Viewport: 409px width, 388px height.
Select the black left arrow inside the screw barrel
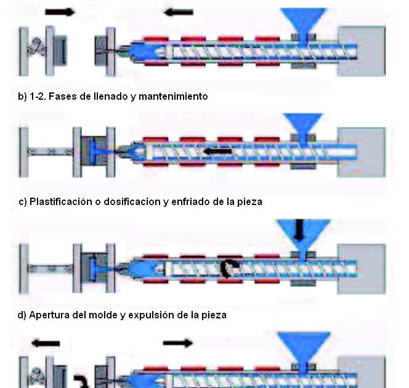click(x=219, y=150)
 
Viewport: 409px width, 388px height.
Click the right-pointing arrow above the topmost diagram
click(x=60, y=11)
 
